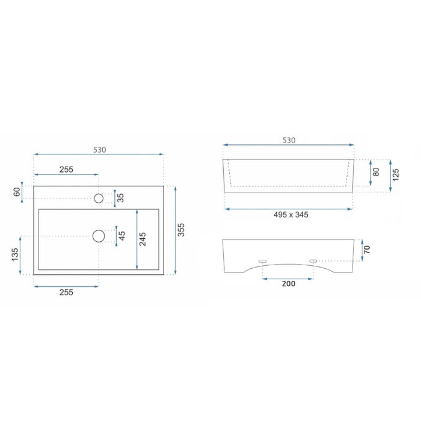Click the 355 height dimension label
pyautogui.click(x=181, y=230)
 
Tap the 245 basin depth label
pyautogui.click(x=143, y=239)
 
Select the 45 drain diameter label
pyautogui.click(x=121, y=236)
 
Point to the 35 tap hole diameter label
pyautogui.click(x=120, y=198)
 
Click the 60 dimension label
pyautogui.click(x=17, y=192)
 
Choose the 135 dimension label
pyautogui.click(x=15, y=254)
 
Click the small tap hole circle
pyautogui.click(x=99, y=198)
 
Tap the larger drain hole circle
pyautogui.click(x=99, y=236)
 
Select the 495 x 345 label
pyautogui.click(x=290, y=215)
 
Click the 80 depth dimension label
pyautogui.click(x=376, y=172)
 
